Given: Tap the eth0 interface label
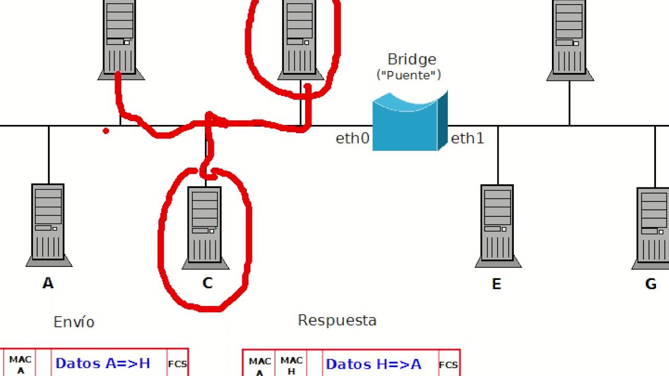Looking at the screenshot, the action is pyautogui.click(x=352, y=138).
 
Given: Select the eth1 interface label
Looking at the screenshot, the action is pyautogui.click(x=467, y=138).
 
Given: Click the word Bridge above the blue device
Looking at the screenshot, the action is pyautogui.click(x=411, y=59).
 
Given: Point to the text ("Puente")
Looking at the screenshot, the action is pyautogui.click(x=409, y=75).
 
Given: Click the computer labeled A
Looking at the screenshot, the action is pyautogui.click(x=49, y=225).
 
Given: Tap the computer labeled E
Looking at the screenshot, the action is pyautogui.click(x=498, y=226).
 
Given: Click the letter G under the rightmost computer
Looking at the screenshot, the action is pyautogui.click(x=651, y=284).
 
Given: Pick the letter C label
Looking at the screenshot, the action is pyautogui.click(x=207, y=283).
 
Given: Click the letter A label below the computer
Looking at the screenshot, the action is pyautogui.click(x=48, y=283).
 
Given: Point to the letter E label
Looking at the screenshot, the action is pyautogui.click(x=497, y=284).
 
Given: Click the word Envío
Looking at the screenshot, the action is pyautogui.click(x=74, y=322).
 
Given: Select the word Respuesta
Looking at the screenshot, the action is pyautogui.click(x=337, y=321).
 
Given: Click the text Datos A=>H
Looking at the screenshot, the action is pyautogui.click(x=103, y=363).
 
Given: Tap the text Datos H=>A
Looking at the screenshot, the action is pyautogui.click(x=374, y=365).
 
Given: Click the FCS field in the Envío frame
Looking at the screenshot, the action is pyautogui.click(x=177, y=364).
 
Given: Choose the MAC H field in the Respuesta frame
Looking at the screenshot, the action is pyautogui.click(x=291, y=366).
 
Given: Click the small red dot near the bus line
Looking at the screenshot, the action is pyautogui.click(x=106, y=131).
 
